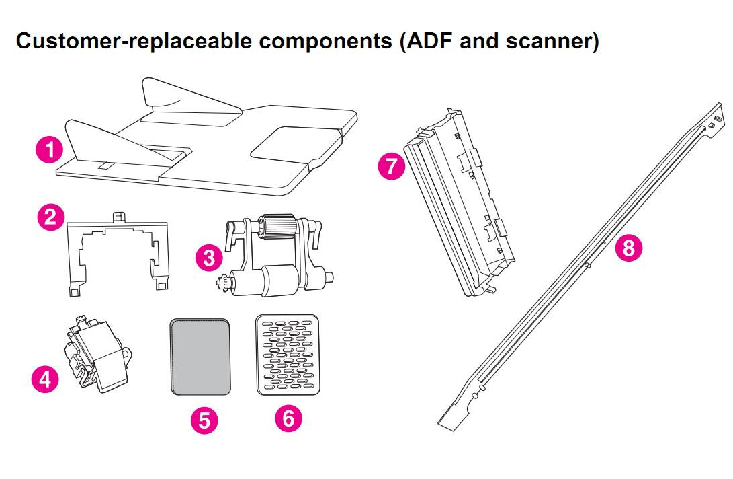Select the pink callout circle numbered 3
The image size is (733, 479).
210,257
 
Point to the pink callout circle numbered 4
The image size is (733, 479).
45,379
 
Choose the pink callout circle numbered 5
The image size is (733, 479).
204,420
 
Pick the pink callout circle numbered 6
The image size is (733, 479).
288,418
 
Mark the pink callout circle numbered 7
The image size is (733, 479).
391,165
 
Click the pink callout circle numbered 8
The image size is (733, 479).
628,247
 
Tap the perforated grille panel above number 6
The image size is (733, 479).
288,353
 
